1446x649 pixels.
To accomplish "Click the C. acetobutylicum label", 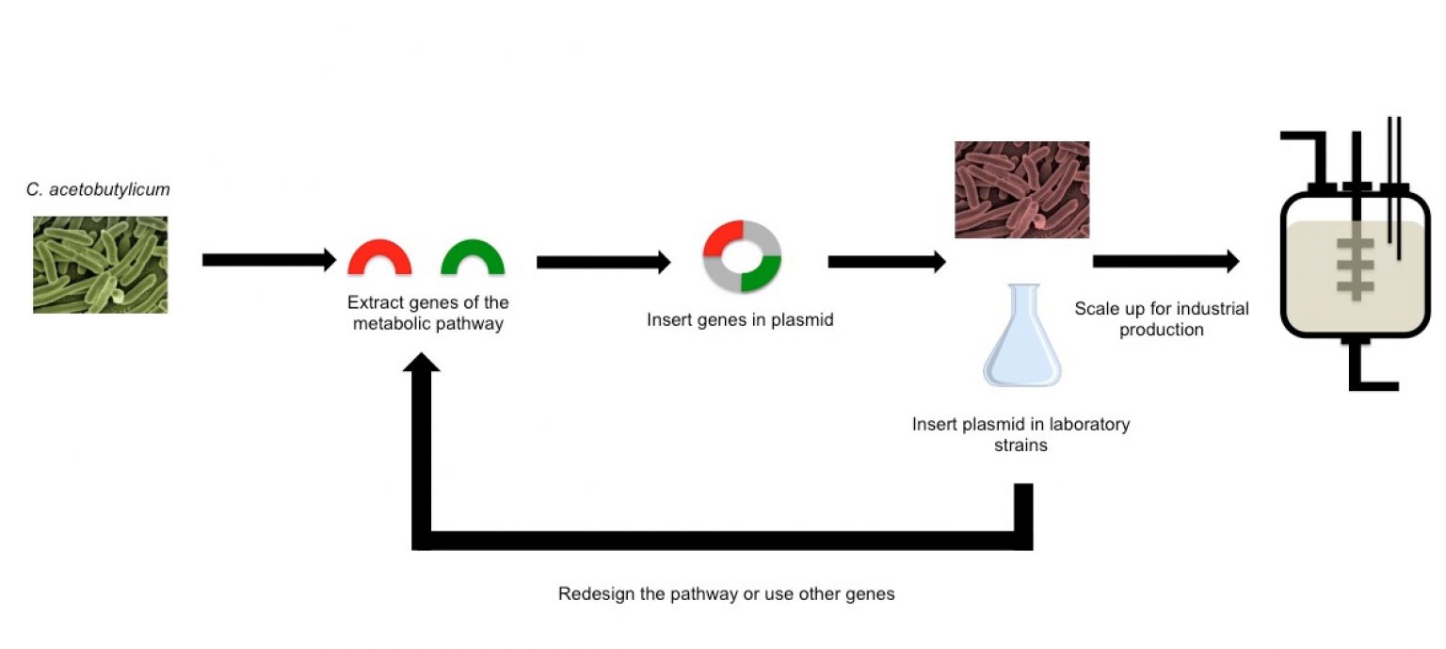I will pyautogui.click(x=99, y=190).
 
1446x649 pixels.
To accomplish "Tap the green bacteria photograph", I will pyautogui.click(x=100, y=265).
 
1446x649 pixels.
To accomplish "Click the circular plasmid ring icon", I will pyautogui.click(x=743, y=256).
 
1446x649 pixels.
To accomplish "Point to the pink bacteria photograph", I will pyautogui.click(x=1021, y=189).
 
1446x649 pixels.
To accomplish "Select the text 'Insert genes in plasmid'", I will pyautogui.click(x=740, y=320).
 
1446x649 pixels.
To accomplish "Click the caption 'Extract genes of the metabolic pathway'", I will pyautogui.click(x=427, y=314).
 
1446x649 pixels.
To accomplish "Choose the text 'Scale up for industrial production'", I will pyautogui.click(x=1162, y=319).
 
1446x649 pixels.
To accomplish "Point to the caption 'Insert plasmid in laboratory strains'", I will pyautogui.click(x=1020, y=434).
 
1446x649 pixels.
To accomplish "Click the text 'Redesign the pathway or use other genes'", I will pyautogui.click(x=726, y=594).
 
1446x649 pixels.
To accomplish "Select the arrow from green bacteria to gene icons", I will pyautogui.click(x=269, y=260).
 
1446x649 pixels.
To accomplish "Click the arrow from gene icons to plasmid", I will pyautogui.click(x=603, y=262).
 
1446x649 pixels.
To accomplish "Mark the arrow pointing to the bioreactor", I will pyautogui.click(x=1165, y=262).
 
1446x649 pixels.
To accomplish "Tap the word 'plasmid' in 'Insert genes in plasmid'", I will pyautogui.click(x=804, y=320).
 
